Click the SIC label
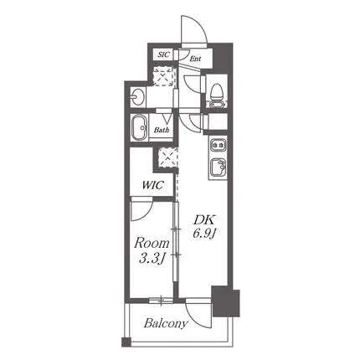click(163, 54)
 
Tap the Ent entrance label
click(195, 59)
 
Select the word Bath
click(162, 130)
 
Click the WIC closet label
click(152, 185)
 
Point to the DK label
click(203, 220)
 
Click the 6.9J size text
click(204, 234)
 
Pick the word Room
click(152, 244)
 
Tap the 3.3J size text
click(151, 259)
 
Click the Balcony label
click(166, 324)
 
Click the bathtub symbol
click(139, 128)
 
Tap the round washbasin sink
click(136, 97)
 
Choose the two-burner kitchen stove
click(219, 145)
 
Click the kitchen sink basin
click(219, 167)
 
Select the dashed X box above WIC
click(167, 157)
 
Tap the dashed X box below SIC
click(163, 76)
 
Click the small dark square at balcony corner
click(126, 342)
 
